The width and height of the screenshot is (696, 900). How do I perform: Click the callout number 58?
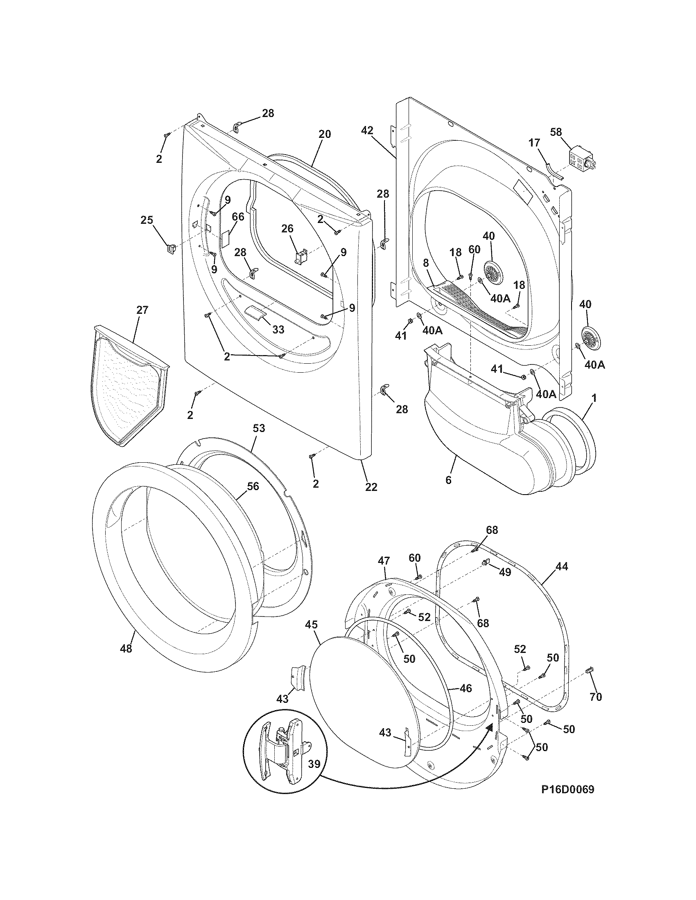click(556, 132)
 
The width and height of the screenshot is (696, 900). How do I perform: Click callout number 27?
click(142, 310)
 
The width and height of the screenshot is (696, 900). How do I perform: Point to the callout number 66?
click(238, 217)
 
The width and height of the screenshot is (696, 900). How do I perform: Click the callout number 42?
click(367, 130)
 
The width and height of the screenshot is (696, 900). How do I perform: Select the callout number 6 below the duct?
click(448, 480)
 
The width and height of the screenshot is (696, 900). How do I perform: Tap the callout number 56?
click(253, 486)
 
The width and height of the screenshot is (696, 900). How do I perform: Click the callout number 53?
click(258, 429)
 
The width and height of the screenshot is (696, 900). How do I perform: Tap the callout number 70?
click(596, 696)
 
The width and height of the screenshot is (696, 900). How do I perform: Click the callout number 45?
click(311, 625)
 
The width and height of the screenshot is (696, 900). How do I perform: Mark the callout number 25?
click(147, 220)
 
